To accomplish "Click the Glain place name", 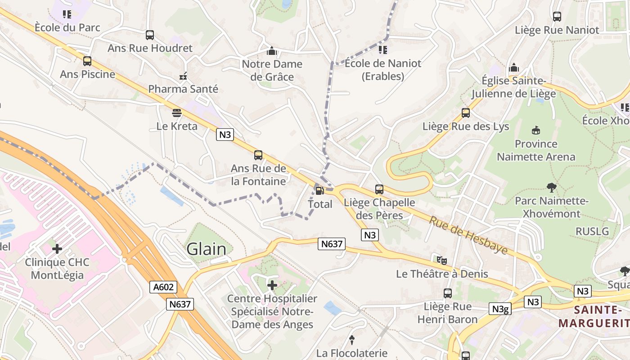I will [x=207, y=249].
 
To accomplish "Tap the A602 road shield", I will [x=163, y=287].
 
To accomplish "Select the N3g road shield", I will [x=500, y=309].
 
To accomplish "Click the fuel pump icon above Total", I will [x=319, y=191].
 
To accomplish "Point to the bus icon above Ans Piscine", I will [x=87, y=61].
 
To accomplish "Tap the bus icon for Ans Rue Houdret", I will [x=150, y=35].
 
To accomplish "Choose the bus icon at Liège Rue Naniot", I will [x=557, y=17].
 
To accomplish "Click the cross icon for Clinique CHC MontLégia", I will [x=57, y=248].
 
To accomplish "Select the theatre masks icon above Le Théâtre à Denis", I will [x=442, y=260].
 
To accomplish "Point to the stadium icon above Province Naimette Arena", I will [x=535, y=130].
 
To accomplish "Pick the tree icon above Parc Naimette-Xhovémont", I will [x=551, y=187].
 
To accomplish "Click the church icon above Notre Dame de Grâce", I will [x=272, y=50].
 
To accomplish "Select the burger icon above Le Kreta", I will [x=177, y=112].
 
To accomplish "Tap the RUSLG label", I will [x=592, y=231].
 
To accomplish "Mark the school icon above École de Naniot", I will [x=383, y=49].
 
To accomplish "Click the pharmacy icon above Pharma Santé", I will [x=183, y=76].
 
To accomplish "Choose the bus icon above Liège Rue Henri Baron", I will [x=447, y=293].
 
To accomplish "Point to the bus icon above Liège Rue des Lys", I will [x=466, y=113].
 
